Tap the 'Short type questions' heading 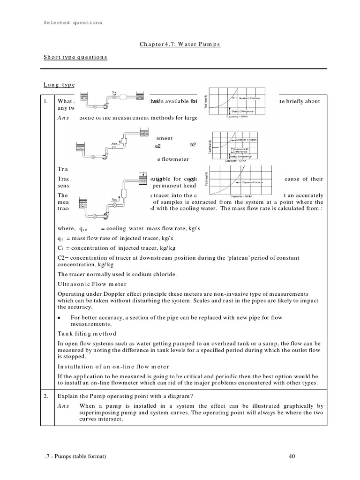(75, 57)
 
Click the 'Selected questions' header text (73, 22)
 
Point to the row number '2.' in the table (47, 396)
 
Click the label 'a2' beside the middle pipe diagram (157, 146)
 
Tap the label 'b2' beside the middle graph (193, 145)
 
